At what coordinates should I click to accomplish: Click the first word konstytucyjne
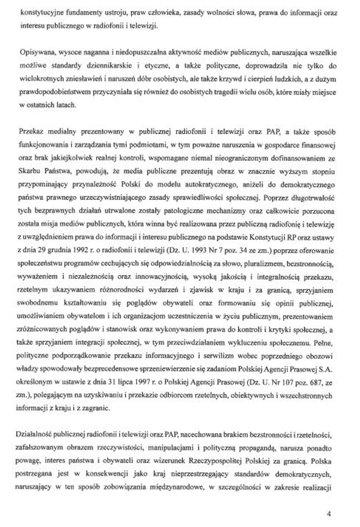tap(38, 13)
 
